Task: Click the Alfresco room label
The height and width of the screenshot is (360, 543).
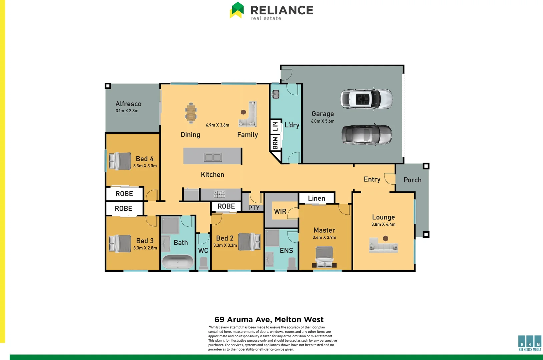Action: [x=128, y=104]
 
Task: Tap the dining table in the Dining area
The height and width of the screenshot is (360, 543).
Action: [x=191, y=113]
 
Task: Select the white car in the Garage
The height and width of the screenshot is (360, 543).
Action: [x=366, y=99]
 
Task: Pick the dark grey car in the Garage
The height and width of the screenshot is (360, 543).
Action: [x=367, y=135]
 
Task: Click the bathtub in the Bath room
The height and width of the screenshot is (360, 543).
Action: [x=177, y=262]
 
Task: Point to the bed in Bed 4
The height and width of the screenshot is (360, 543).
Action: [x=120, y=161]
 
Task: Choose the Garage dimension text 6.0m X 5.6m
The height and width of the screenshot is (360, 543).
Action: [x=323, y=121]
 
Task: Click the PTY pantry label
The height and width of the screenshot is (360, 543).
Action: [x=254, y=208]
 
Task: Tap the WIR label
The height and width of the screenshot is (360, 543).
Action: [x=280, y=211]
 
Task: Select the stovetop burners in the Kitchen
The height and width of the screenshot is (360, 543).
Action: [x=219, y=194]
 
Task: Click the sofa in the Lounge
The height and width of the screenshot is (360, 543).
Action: [x=384, y=246]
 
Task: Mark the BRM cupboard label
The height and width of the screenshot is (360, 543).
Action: [x=275, y=143]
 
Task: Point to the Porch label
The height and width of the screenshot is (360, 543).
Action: [x=413, y=180]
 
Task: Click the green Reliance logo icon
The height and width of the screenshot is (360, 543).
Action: [x=237, y=10]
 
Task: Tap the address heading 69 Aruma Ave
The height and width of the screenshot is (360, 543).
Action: [x=269, y=320]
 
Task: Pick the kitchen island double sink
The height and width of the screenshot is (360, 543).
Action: [x=213, y=157]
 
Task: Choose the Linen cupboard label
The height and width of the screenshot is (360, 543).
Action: [x=317, y=198]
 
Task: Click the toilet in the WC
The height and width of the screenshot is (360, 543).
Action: [x=203, y=263]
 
